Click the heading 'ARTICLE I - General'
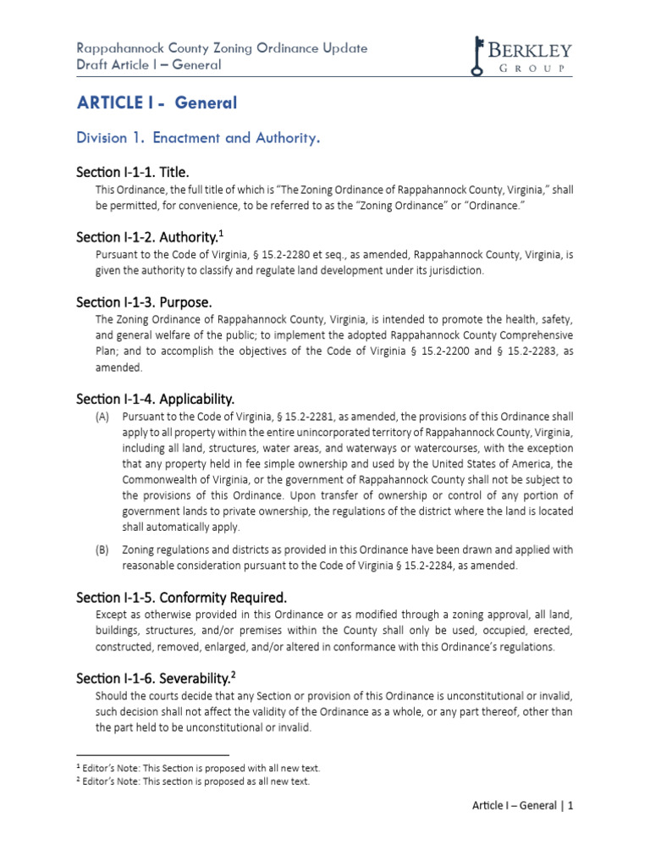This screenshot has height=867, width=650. [x=157, y=103]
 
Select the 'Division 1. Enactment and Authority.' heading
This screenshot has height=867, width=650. [x=198, y=138]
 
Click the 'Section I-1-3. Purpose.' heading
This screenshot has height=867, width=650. [x=144, y=301]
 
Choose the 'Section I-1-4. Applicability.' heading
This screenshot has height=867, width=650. [x=155, y=398]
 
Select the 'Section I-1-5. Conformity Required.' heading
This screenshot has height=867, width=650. [x=182, y=596]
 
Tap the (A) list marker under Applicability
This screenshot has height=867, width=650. [x=102, y=417]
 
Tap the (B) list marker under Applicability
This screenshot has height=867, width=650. [x=102, y=549]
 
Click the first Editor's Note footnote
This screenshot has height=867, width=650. [x=198, y=768]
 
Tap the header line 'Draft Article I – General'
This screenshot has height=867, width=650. [x=148, y=65]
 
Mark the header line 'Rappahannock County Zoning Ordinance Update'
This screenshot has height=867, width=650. [x=222, y=48]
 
